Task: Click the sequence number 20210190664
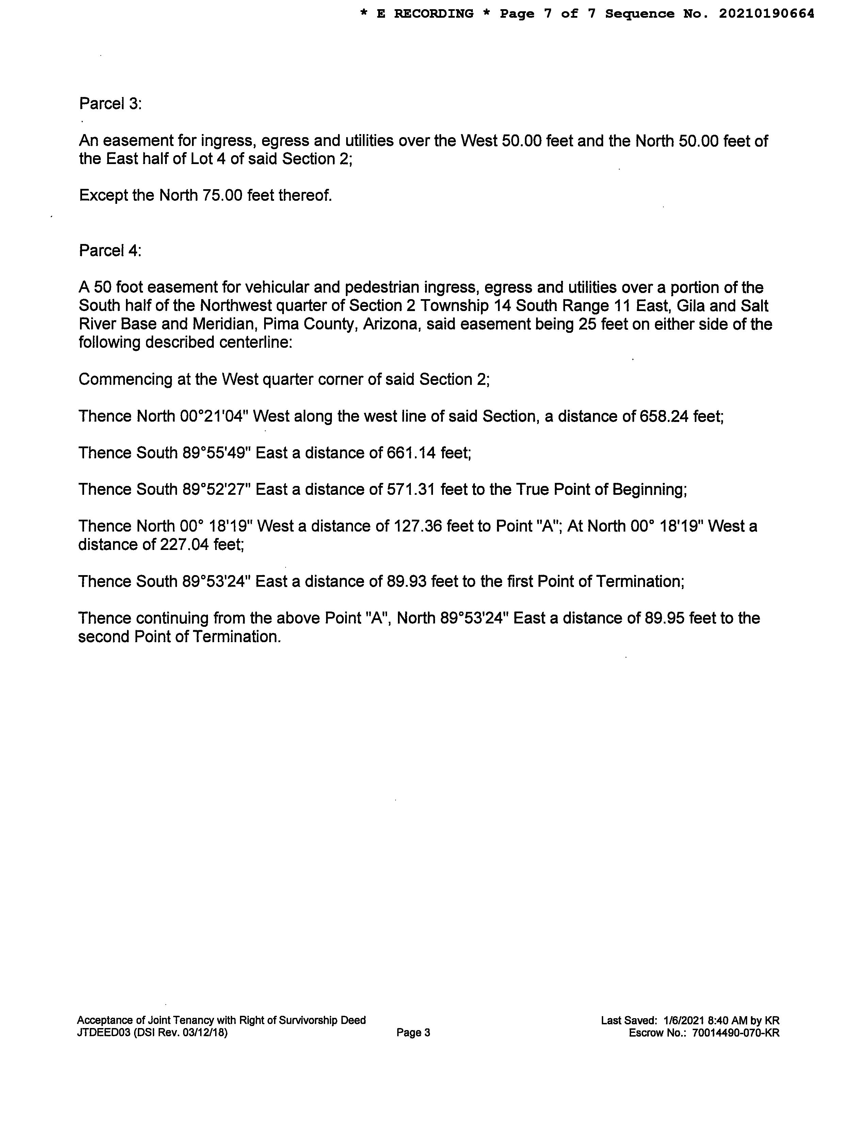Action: [x=766, y=14]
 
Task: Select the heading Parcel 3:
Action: [x=110, y=104]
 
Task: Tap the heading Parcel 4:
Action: [x=110, y=250]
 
